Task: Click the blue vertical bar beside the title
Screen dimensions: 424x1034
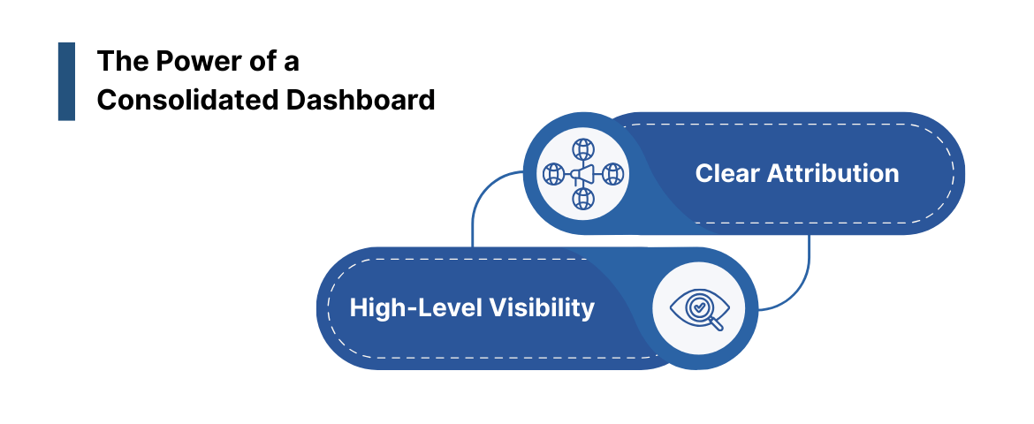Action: point(66,81)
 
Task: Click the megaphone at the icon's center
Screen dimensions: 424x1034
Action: point(582,174)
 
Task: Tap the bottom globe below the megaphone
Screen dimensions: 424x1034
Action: point(583,199)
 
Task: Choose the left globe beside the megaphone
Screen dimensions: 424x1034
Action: point(553,174)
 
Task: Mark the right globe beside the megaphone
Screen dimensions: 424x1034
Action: point(613,174)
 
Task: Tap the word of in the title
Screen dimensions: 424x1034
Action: point(260,62)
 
